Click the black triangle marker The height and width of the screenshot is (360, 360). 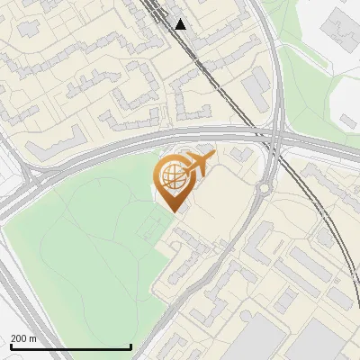coord(181,23)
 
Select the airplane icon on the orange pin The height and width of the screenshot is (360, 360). coord(198,165)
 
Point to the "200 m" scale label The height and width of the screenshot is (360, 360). coord(23,338)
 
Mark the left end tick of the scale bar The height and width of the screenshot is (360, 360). coord(10,346)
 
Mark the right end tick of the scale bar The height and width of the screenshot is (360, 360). coord(131,346)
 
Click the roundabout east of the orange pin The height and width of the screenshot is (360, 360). coord(264,188)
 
